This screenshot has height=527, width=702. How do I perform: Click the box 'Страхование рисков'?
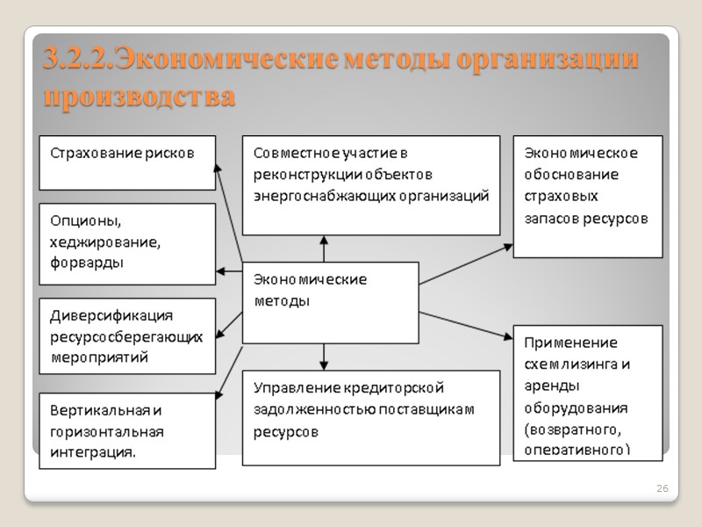[x=127, y=162]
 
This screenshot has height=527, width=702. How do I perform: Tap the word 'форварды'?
[x=86, y=262]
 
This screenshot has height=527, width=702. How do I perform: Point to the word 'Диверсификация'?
[x=111, y=315]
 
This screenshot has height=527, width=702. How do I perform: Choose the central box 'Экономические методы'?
[x=329, y=302]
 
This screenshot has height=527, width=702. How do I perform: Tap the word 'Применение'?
[x=570, y=343]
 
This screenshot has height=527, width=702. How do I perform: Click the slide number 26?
[x=663, y=488]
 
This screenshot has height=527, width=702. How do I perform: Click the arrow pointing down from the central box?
[x=324, y=356]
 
